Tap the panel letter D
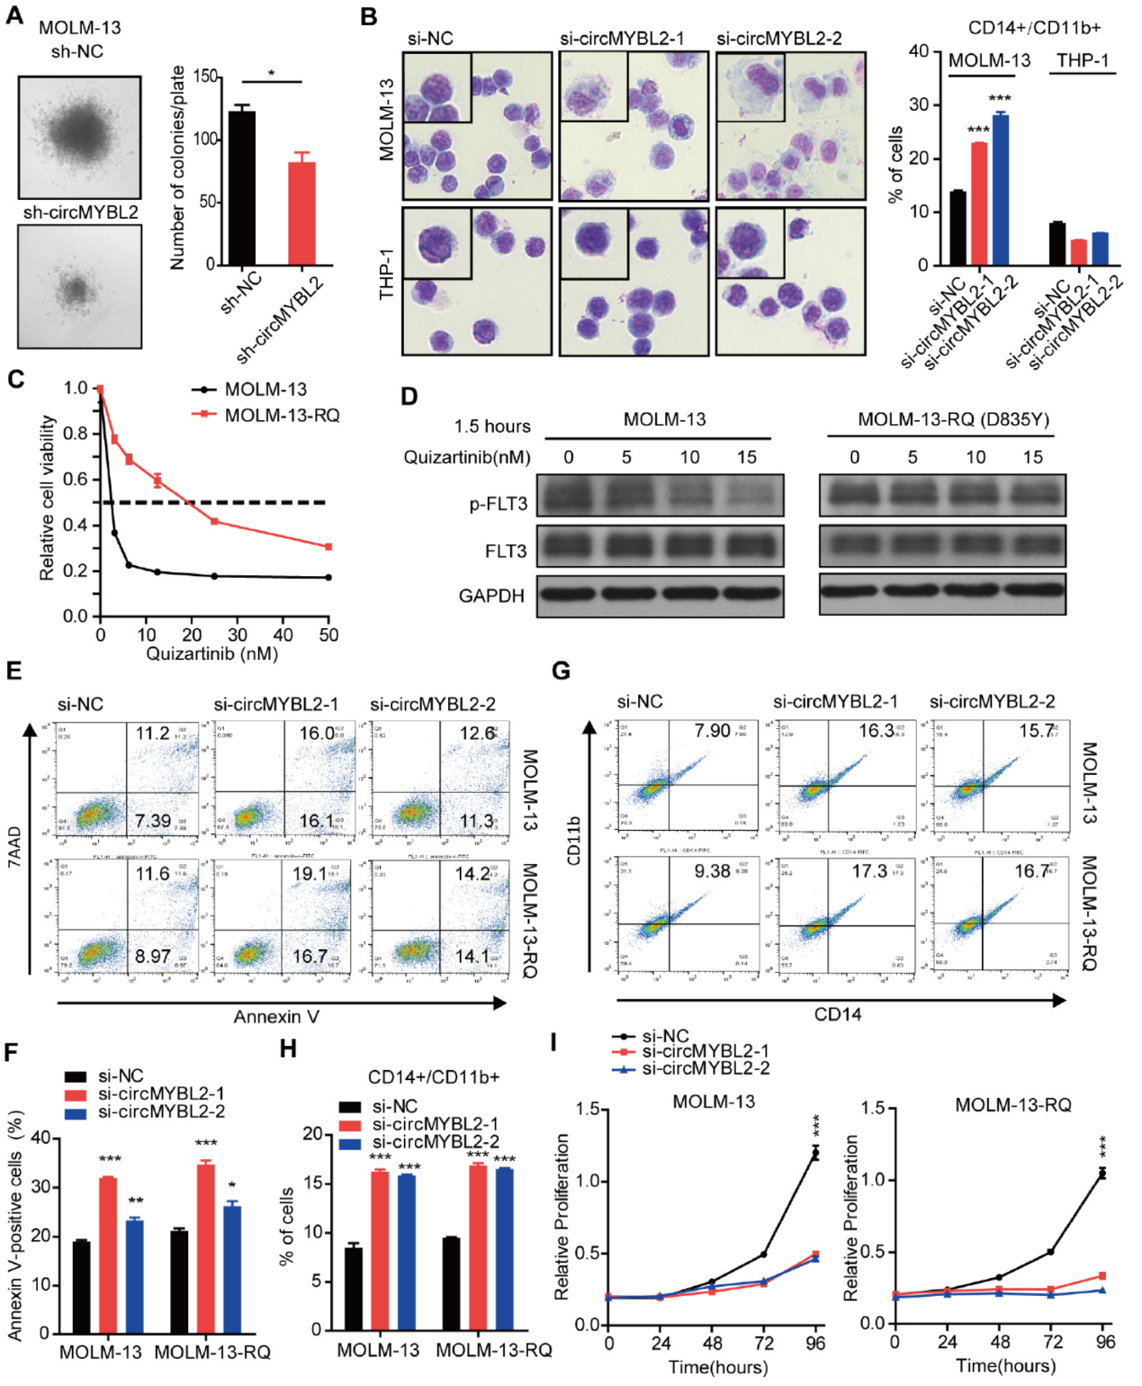(x=409, y=396)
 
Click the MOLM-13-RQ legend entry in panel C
(x=282, y=415)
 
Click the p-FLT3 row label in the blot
(x=498, y=504)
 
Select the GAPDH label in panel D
(x=491, y=596)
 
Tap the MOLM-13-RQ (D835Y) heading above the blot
(x=952, y=419)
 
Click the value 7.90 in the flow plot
(x=712, y=731)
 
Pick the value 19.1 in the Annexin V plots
(x=309, y=874)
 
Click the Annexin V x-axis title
(x=276, y=1017)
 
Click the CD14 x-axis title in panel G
(x=837, y=1014)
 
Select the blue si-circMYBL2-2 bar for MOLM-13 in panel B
(x=1000, y=190)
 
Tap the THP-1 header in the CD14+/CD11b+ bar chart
(x=1082, y=60)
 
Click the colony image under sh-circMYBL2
(x=80, y=286)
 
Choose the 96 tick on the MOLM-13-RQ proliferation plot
(x=1105, y=1342)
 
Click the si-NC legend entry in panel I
(x=664, y=1037)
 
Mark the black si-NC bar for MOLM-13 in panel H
(x=353, y=1288)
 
